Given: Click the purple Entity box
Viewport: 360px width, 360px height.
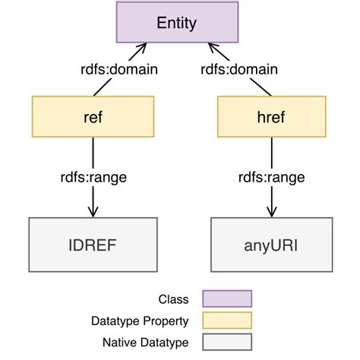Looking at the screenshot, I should click(x=176, y=22).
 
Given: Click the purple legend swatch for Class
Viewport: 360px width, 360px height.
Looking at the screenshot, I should click(x=226, y=298).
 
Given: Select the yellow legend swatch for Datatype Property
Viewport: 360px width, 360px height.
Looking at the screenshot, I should click(x=226, y=320).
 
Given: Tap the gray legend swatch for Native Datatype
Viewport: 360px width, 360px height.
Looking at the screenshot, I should click(x=226, y=342).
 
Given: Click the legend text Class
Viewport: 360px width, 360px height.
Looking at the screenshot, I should click(x=173, y=298).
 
